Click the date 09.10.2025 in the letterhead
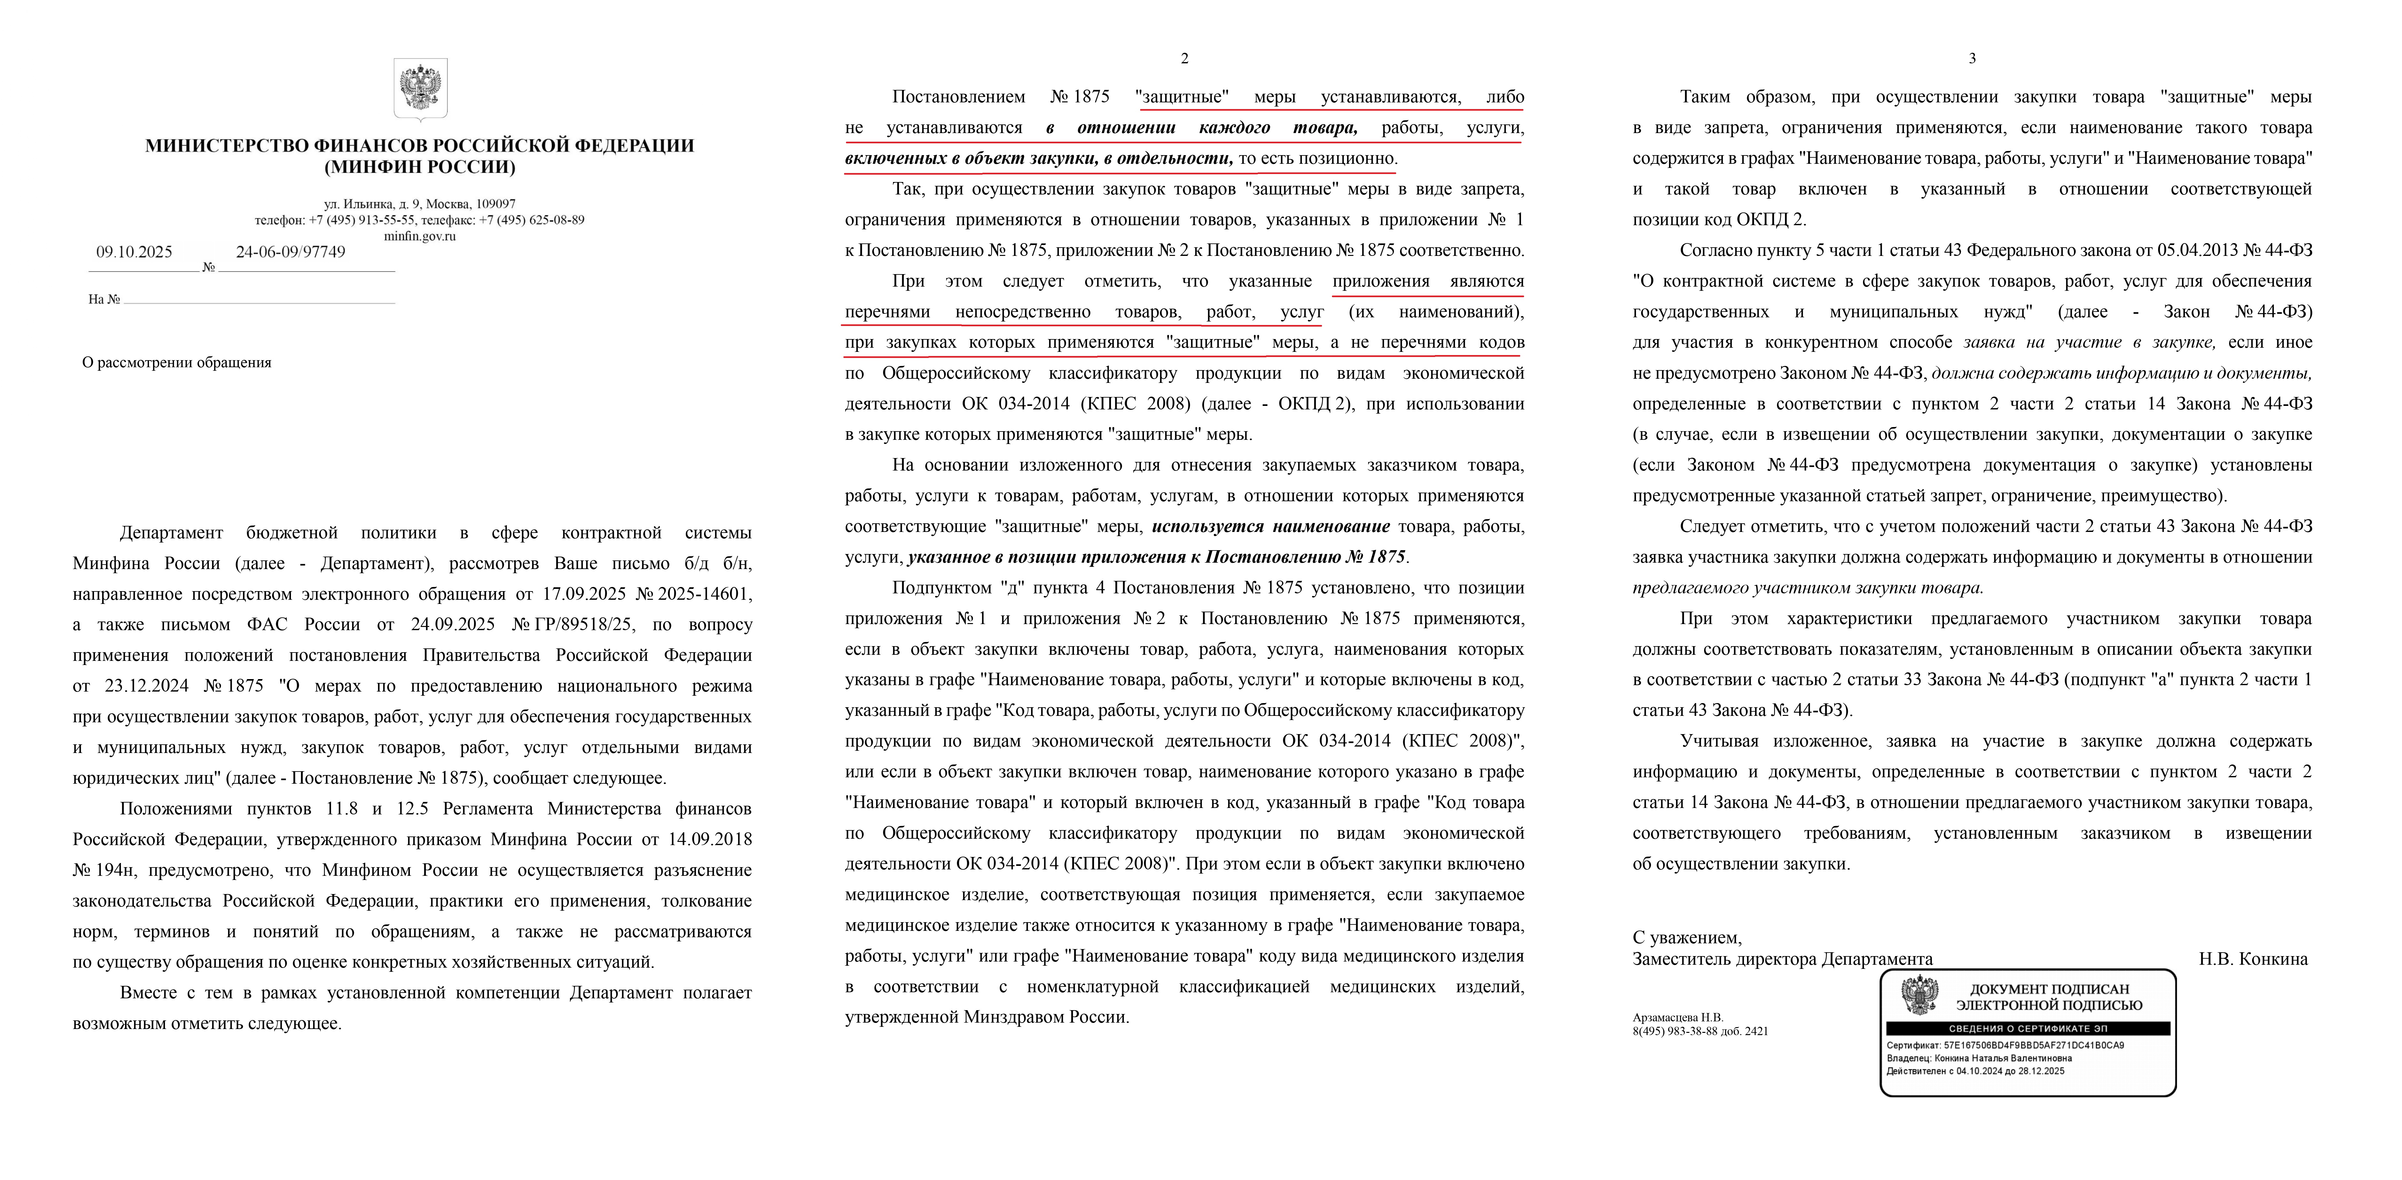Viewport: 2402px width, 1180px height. [x=134, y=252]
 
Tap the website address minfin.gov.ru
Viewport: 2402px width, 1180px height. [x=419, y=236]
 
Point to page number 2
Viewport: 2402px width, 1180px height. [x=1184, y=58]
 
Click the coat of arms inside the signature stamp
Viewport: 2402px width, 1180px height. [x=1920, y=995]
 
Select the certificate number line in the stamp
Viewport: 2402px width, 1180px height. [x=2005, y=1046]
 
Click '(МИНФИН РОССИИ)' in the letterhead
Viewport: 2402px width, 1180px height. [x=419, y=168]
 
